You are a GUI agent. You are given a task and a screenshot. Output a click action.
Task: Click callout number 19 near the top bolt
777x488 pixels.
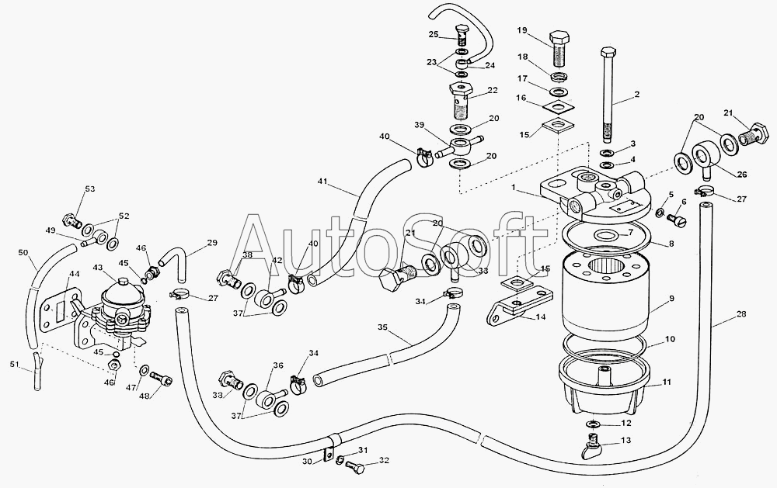pos(522,30)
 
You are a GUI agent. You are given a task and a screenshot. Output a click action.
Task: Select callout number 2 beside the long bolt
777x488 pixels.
pos(636,95)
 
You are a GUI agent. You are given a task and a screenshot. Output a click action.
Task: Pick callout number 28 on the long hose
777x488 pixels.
pos(741,313)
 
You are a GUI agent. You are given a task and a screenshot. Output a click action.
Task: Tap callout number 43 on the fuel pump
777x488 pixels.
pos(99,268)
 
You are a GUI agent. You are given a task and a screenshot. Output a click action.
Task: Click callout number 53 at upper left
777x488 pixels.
pos(90,189)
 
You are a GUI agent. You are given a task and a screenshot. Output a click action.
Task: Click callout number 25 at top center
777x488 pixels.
pos(434,33)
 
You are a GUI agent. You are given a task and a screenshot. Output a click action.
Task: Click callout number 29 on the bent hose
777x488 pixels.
pos(213,243)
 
